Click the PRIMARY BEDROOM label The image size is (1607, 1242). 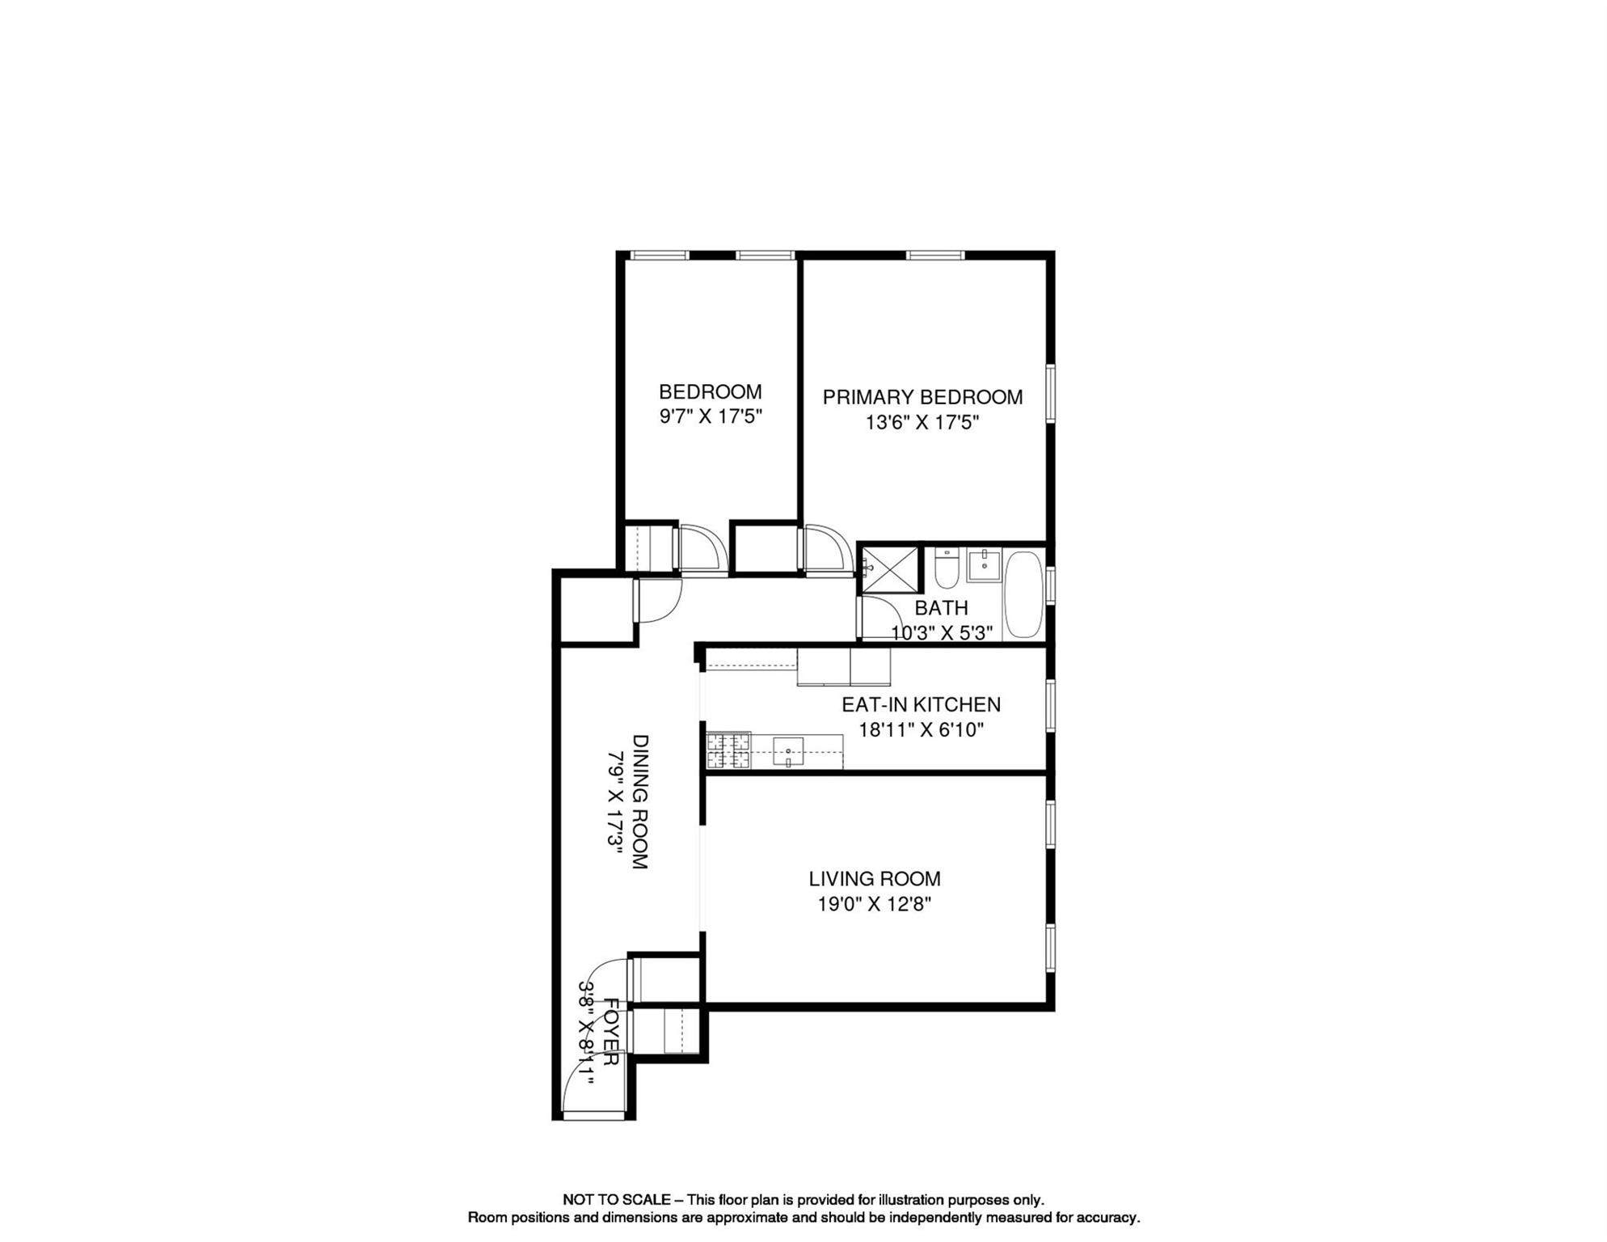(922, 397)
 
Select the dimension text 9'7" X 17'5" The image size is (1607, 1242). (711, 417)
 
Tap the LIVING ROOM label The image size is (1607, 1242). (875, 879)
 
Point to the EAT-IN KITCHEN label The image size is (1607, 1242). (921, 705)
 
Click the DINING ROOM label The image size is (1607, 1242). (639, 801)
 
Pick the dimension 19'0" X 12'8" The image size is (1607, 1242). (875, 904)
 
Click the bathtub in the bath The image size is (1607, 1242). (1023, 594)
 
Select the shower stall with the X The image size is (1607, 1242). (890, 570)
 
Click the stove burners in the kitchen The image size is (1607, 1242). (728, 750)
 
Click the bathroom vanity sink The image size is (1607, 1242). (984, 564)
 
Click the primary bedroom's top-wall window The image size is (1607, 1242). (935, 256)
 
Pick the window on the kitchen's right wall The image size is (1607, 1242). (1050, 706)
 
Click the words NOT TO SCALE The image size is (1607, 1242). (616, 1200)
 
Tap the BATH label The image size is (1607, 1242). (941, 608)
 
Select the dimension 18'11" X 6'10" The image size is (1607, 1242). (921, 730)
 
